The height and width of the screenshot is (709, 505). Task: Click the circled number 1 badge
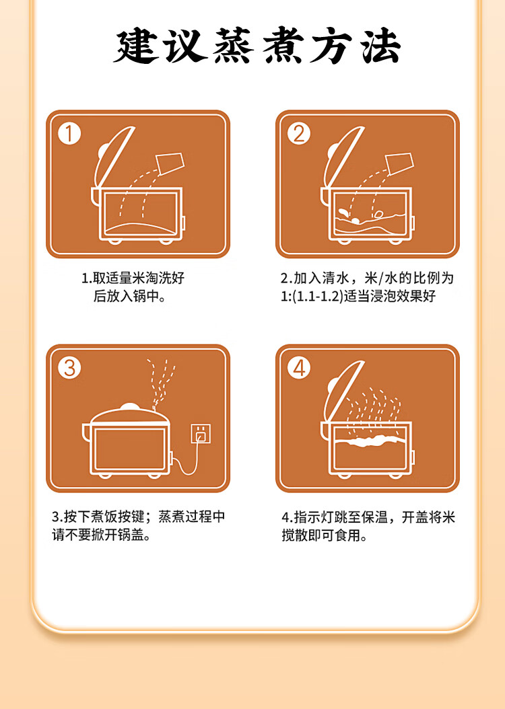pyautogui.click(x=69, y=134)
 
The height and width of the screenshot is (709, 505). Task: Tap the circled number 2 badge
pyautogui.click(x=299, y=134)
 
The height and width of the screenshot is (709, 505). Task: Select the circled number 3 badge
pyautogui.click(x=69, y=367)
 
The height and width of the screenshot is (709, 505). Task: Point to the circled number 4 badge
pyautogui.click(x=299, y=367)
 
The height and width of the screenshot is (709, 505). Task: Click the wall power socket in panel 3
pyautogui.click(x=201, y=434)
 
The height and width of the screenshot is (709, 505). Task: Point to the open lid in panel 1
pyautogui.click(x=113, y=156)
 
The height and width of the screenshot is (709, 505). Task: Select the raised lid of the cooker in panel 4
pyautogui.click(x=343, y=390)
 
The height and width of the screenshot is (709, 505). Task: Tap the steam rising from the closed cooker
pyautogui.click(x=161, y=382)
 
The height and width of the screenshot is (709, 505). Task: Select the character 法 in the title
pyautogui.click(x=382, y=46)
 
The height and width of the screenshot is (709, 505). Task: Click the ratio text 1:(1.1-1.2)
pyautogui.click(x=312, y=296)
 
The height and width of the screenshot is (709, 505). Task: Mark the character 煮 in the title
pyautogui.click(x=283, y=46)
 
